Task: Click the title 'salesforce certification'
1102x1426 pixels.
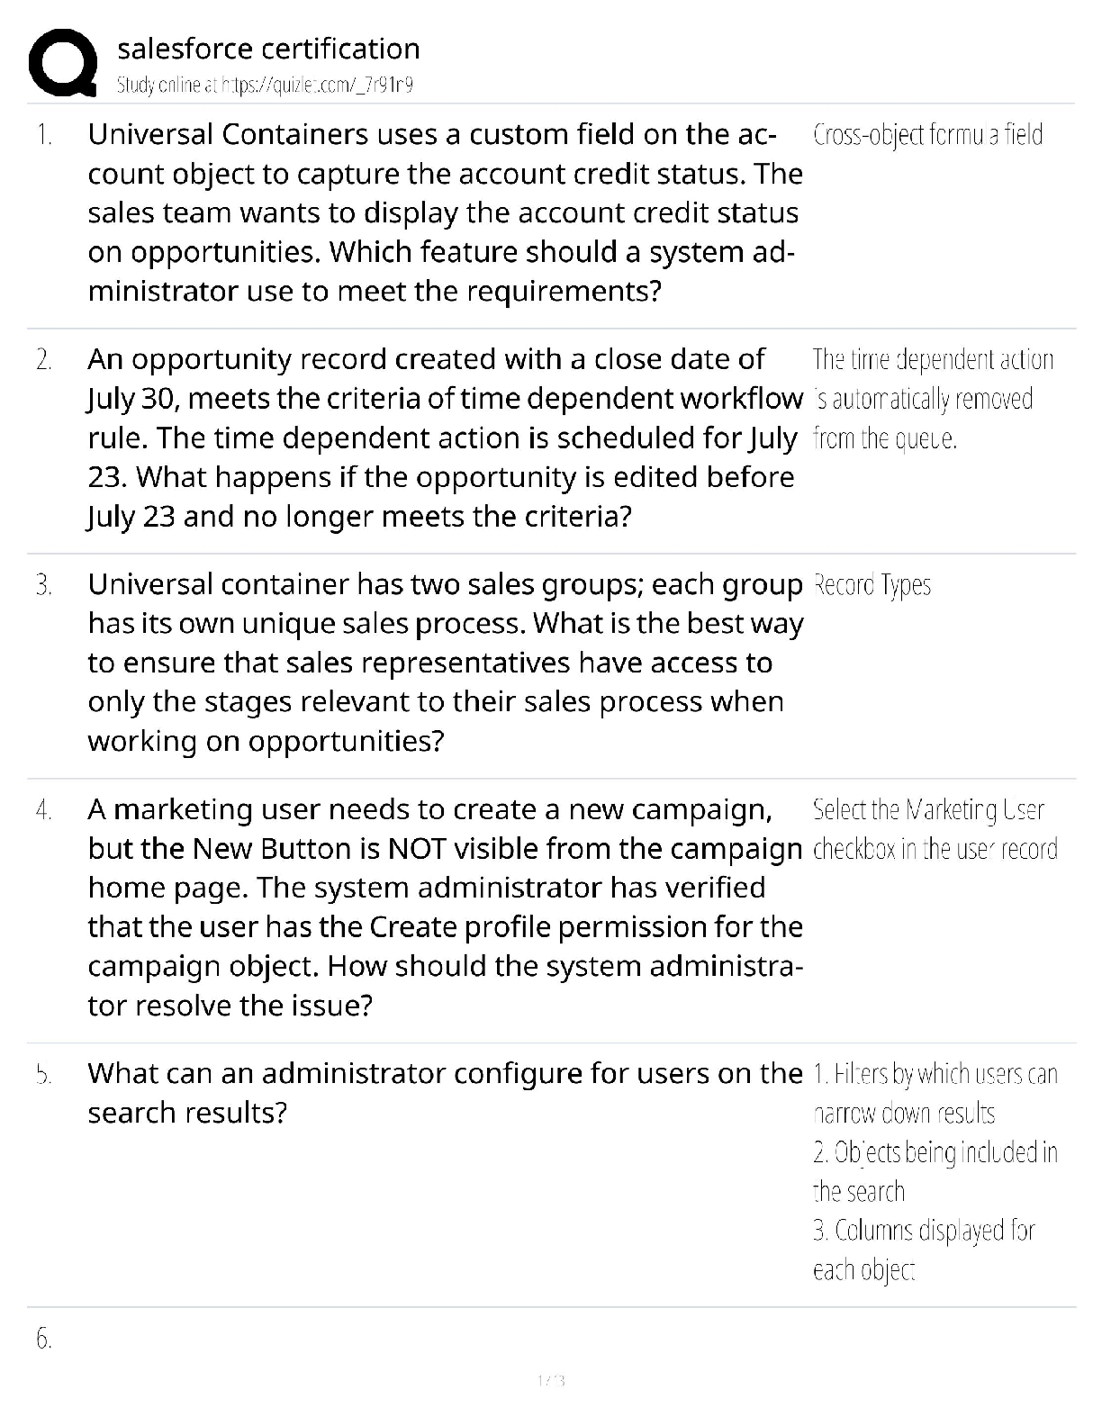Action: pyautogui.click(x=268, y=49)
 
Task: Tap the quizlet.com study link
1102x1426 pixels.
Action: pyautogui.click(x=265, y=86)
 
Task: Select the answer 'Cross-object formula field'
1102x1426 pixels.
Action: pyautogui.click(x=927, y=135)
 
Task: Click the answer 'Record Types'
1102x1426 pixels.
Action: pyautogui.click(x=872, y=585)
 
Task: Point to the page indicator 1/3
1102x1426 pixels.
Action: pyautogui.click(x=550, y=1380)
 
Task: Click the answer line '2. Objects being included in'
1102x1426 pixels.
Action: pyautogui.click(x=935, y=1152)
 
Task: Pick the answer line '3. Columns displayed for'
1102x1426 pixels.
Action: pyautogui.click(x=924, y=1230)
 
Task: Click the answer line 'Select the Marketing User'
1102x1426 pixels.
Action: pyautogui.click(x=928, y=810)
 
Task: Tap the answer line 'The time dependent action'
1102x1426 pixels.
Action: pyautogui.click(x=933, y=360)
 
